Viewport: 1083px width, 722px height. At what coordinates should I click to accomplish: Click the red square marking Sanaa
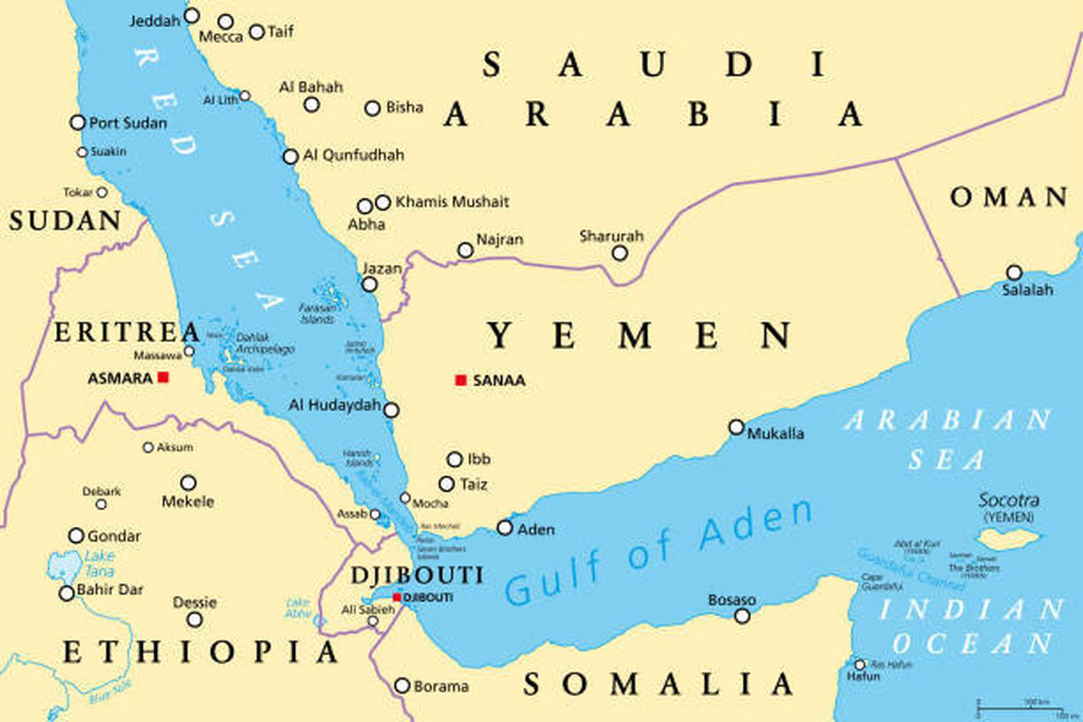(x=460, y=381)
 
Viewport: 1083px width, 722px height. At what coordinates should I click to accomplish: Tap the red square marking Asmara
(x=163, y=377)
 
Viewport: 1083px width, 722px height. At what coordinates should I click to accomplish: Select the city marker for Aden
(x=504, y=528)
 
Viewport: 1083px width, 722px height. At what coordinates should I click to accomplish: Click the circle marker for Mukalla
(x=736, y=427)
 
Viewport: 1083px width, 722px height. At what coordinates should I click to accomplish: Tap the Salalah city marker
(x=1014, y=273)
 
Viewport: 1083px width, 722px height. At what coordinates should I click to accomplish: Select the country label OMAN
(x=1009, y=198)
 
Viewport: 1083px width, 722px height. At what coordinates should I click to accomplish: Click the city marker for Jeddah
(x=191, y=15)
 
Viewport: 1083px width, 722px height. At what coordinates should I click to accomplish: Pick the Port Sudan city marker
(x=78, y=122)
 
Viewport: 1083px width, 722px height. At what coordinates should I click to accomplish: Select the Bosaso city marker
(x=742, y=616)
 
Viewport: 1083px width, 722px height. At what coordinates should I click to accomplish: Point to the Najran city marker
(x=465, y=250)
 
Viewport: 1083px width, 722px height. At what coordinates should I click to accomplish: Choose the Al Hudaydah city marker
(x=391, y=410)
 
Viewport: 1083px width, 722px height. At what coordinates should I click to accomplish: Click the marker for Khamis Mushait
(x=383, y=202)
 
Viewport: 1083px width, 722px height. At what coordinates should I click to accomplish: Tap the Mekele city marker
(x=188, y=483)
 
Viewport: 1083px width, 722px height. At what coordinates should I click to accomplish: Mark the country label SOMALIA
(x=659, y=684)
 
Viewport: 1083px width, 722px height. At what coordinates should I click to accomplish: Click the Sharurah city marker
(x=620, y=253)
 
